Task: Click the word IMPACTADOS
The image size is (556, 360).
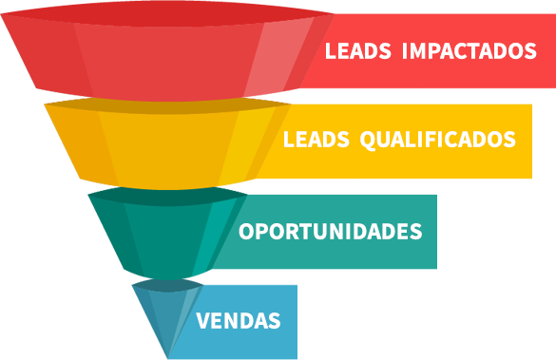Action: pos(470,51)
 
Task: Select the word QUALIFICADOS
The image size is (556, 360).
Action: pos(438,140)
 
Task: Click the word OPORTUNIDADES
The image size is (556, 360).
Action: pos(330,232)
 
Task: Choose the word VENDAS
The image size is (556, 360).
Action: pos(239,321)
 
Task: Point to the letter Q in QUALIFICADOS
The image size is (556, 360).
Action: pos(368,141)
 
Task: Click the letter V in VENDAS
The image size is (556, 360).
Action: pos(202,321)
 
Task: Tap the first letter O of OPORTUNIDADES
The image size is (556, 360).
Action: pos(246,232)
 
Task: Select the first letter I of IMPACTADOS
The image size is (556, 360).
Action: pos(407,51)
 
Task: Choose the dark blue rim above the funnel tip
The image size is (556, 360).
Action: pos(167,284)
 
